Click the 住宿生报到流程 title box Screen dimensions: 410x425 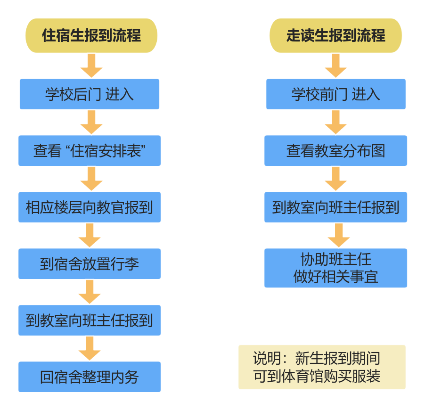tap(91, 35)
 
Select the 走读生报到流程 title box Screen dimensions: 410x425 tap(335, 35)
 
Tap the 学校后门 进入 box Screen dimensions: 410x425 tap(90, 94)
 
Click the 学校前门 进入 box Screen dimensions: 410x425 tap(335, 94)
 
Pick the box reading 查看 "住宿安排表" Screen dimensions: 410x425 tap(90, 151)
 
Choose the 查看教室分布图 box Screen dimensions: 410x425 tap(335, 151)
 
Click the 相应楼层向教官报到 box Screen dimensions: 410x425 tap(90, 207)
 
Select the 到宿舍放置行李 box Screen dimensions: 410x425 tap(90, 264)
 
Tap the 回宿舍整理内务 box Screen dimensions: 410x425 tap(90, 377)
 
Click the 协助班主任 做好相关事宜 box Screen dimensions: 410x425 tap(335, 268)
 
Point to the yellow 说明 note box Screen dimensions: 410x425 tap(322, 367)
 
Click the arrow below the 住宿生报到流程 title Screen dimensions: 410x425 tap(91, 66)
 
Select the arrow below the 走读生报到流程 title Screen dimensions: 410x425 tap(335, 66)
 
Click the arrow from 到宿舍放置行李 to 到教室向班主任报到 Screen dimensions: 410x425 tap(90, 292)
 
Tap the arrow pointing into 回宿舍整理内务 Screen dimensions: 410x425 tap(90, 349)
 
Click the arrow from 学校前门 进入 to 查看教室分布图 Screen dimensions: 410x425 tap(335, 123)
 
